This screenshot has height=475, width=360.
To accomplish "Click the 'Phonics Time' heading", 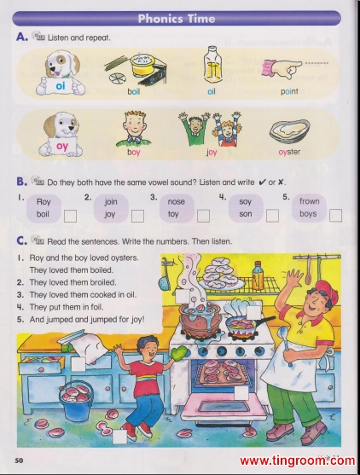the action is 177,19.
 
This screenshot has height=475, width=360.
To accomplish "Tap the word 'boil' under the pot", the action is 133,91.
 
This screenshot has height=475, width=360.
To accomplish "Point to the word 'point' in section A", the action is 289,91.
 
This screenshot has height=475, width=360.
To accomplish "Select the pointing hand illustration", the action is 282,67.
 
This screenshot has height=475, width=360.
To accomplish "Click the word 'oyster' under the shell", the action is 289,152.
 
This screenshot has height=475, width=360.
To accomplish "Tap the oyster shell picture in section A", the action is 290,132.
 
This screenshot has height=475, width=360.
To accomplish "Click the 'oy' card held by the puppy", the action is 61,147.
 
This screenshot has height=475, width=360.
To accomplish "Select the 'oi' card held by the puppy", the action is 60,86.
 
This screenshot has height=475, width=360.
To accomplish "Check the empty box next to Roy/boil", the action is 70,217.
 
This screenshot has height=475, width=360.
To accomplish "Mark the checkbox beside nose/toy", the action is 203,216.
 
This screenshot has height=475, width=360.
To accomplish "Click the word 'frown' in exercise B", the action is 310,201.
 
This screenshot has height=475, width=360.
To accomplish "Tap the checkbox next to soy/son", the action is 272,216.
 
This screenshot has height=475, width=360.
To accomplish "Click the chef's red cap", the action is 328,292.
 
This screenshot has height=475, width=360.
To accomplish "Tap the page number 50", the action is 19,461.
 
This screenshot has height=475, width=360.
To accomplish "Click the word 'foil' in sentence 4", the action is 96,307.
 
